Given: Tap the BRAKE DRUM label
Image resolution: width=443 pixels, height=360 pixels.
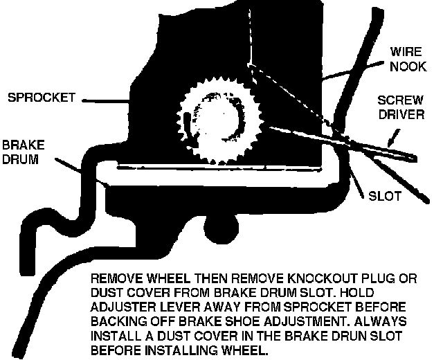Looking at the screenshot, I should [x=21, y=153].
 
